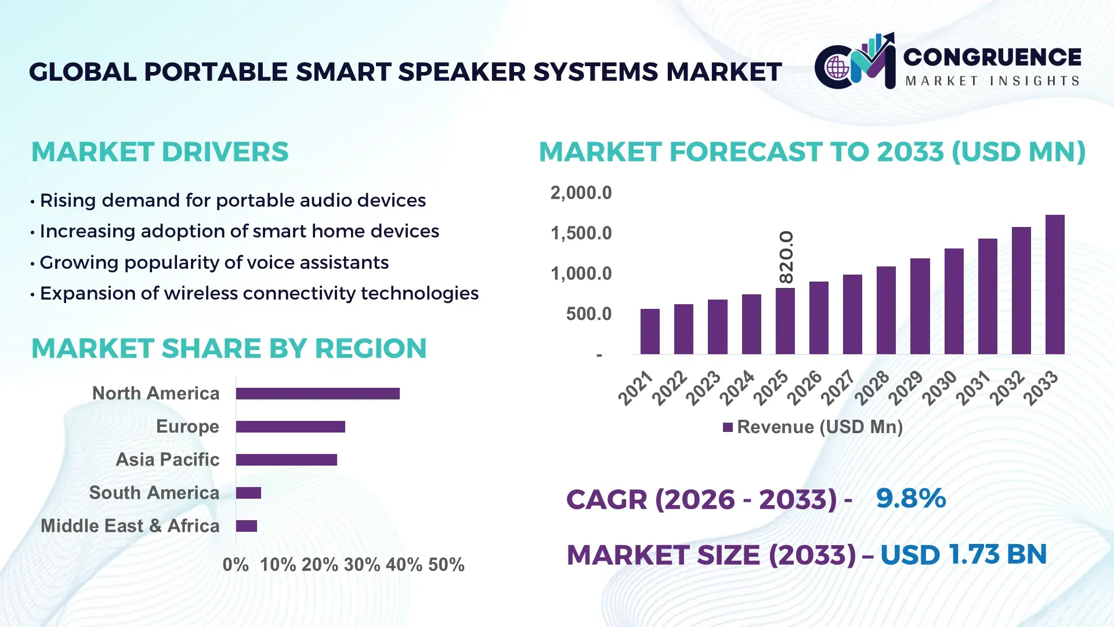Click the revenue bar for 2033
pyautogui.click(x=1055, y=284)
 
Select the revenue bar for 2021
pyautogui.click(x=650, y=331)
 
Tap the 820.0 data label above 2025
pyautogui.click(x=786, y=257)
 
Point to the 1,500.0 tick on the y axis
pyautogui.click(x=581, y=233)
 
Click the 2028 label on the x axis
pyautogui.click(x=871, y=388)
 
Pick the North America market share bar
pyautogui.click(x=317, y=394)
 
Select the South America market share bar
pyautogui.click(x=248, y=493)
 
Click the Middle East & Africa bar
pyautogui.click(x=246, y=526)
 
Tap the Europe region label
pyautogui.click(x=187, y=427)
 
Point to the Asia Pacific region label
pyautogui.click(x=168, y=460)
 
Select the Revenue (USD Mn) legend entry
pyautogui.click(x=813, y=427)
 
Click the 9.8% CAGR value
pyautogui.click(x=910, y=498)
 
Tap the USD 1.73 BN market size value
pyautogui.click(x=963, y=554)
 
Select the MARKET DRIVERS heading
pyautogui.click(x=160, y=152)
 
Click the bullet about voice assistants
pyautogui.click(x=214, y=262)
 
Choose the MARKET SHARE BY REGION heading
pyautogui.click(x=229, y=349)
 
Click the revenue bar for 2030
pyautogui.click(x=954, y=301)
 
